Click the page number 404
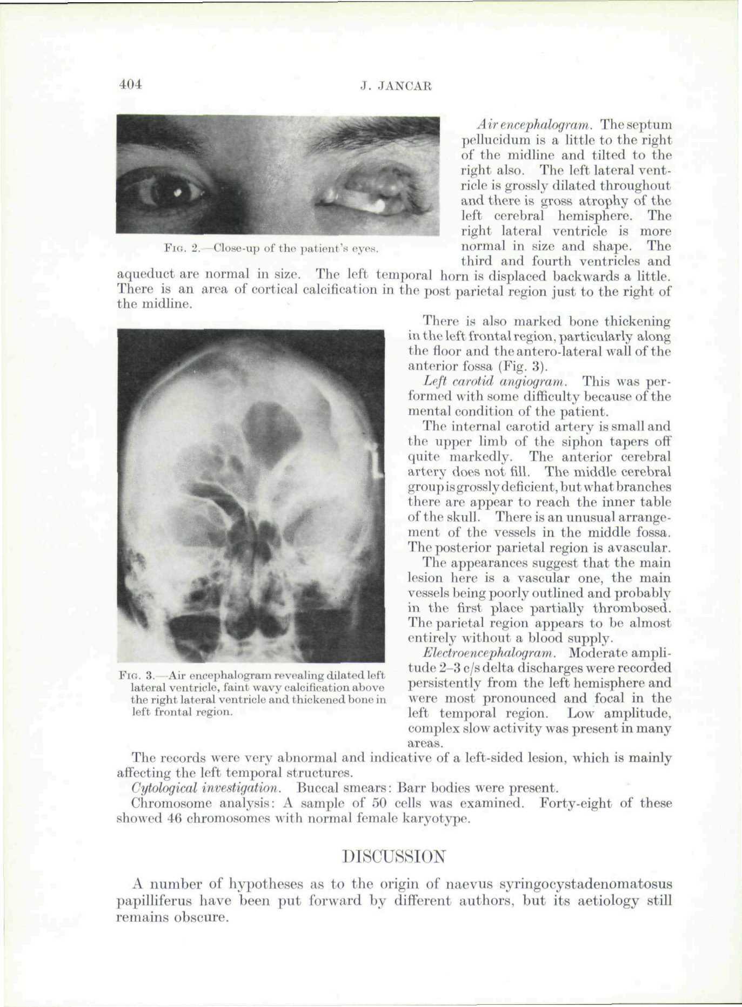click(x=130, y=85)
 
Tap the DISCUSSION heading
click(x=394, y=856)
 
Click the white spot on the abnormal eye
click(x=378, y=205)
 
